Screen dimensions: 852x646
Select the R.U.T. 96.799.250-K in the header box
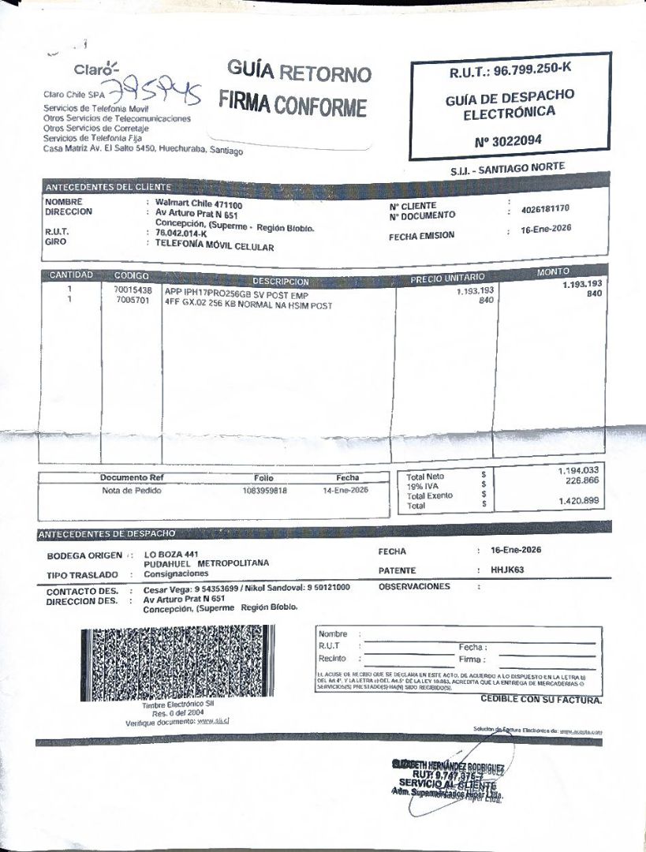pos(510,70)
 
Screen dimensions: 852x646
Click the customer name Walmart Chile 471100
pos(199,204)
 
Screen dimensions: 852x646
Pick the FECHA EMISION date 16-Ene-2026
pos(546,229)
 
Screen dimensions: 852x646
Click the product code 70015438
pos(133,290)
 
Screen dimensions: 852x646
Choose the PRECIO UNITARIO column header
pos(446,278)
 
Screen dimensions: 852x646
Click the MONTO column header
pos(552,272)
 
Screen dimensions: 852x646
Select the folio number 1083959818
pos(264,490)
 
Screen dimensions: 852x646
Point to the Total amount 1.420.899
pos(578,500)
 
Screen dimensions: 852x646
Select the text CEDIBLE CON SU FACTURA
pos(540,700)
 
